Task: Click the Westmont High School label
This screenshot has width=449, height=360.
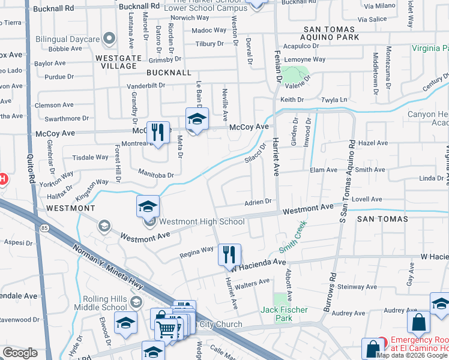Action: point(202,222)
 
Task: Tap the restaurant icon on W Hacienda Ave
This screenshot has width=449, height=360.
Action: point(229,254)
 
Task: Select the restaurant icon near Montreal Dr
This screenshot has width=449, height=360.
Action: point(157,132)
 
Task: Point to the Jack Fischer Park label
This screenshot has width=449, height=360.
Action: point(284,310)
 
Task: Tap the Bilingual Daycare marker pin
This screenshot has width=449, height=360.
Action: point(109,39)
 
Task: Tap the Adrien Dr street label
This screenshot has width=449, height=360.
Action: point(258,202)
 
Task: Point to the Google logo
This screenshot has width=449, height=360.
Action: point(20,353)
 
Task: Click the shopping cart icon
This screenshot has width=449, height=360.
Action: point(166,328)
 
